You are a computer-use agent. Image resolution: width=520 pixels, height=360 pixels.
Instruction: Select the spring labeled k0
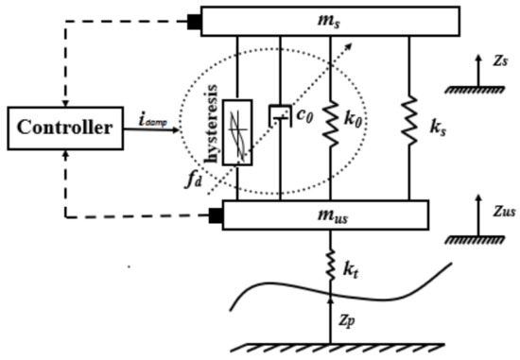[330, 123]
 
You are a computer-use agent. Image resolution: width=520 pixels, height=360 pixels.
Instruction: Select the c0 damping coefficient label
[301, 114]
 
